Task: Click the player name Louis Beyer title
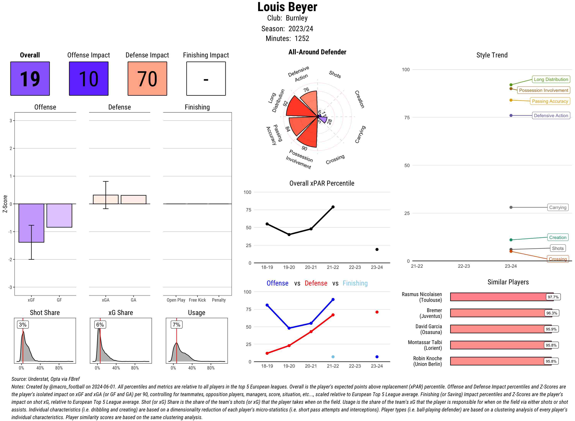[287, 7]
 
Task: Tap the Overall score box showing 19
[30, 78]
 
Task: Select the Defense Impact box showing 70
[147, 78]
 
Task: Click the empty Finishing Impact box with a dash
[206, 78]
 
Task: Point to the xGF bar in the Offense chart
[31, 223]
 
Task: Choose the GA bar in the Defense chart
[133, 200]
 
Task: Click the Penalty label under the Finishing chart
[219, 300]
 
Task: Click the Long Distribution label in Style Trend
[551, 79]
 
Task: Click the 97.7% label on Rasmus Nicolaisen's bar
[553, 297]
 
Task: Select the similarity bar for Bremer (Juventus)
[498, 313]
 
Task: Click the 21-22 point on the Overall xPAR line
[333, 207]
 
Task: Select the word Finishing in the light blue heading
[355, 283]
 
